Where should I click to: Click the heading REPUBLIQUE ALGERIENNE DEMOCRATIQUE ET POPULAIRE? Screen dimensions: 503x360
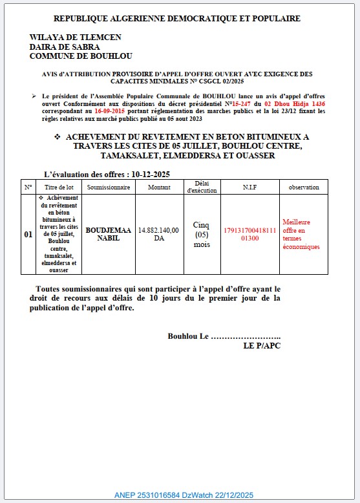point(176,19)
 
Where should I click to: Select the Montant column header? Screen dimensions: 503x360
point(159,187)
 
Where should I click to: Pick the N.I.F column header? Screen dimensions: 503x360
point(249,187)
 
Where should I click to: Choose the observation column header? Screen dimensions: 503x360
point(304,187)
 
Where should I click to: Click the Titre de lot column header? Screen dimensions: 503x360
point(61,187)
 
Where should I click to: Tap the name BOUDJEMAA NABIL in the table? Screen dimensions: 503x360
point(108,235)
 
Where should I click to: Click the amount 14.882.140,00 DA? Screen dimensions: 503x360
point(159,235)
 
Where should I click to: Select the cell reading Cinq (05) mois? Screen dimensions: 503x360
point(202,235)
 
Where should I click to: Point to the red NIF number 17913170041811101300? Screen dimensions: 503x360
point(249,235)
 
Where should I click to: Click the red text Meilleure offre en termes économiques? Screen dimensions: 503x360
point(301,235)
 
